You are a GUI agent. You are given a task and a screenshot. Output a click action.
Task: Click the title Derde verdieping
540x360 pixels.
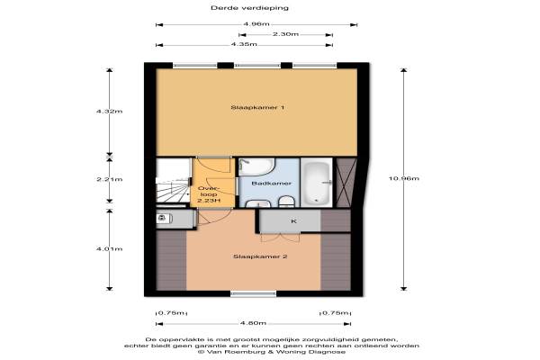coord(249,8)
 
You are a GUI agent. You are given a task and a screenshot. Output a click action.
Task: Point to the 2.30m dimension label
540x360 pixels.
coord(285,34)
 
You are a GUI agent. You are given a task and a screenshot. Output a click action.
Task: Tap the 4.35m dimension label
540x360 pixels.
coord(244,44)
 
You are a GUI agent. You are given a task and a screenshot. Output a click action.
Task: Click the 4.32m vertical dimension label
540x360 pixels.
coord(109,112)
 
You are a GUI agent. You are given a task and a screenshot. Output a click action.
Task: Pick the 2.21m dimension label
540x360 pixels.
coord(109,179)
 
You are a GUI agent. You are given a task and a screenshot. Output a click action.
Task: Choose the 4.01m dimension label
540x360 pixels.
coord(109,248)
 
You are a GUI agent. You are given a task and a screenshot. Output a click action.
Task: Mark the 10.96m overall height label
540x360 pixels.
coord(403,178)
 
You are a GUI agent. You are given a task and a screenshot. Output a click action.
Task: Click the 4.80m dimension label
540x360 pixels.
coord(253,323)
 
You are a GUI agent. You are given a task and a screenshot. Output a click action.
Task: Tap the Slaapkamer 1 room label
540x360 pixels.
coord(257,107)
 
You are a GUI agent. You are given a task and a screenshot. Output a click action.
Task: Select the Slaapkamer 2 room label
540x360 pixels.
coord(260,256)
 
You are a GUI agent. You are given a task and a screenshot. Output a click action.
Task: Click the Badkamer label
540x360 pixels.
coord(272,184)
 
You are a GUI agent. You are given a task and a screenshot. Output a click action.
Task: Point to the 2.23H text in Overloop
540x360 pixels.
coord(209,201)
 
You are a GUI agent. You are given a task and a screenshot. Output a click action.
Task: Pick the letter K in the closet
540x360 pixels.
coord(293,221)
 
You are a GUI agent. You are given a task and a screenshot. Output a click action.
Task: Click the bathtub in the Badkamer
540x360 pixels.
coord(317,183)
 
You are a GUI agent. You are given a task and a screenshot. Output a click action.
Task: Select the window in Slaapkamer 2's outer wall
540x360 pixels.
coord(253,294)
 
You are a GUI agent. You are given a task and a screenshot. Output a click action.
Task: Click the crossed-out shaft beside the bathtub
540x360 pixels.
coord(346,183)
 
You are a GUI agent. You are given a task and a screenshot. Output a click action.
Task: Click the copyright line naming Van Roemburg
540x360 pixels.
coord(272,352)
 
